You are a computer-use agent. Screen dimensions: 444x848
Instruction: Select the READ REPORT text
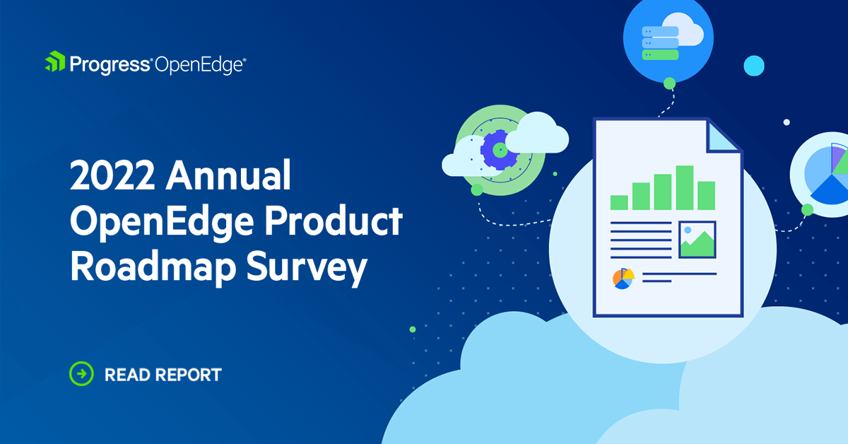pos(163,374)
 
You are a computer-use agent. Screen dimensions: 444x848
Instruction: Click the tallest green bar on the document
pos(684,187)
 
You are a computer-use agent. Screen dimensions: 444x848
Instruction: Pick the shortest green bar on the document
pos(619,202)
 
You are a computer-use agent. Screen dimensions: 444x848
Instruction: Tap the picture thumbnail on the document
pos(697,239)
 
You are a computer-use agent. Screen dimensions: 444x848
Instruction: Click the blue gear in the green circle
pos(499,149)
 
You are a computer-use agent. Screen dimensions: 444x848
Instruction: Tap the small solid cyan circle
pos(755,65)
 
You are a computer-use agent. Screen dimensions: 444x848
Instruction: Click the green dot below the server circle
pos(669,83)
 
